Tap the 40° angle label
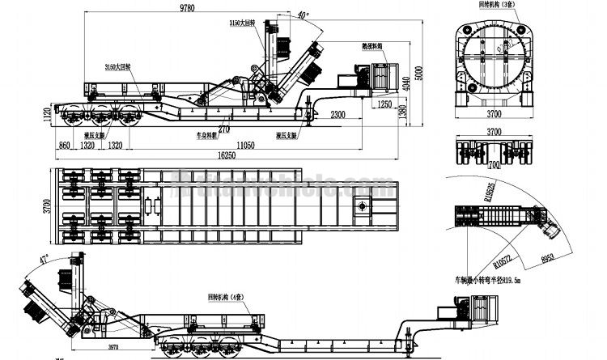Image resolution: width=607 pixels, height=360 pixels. [x=303, y=15]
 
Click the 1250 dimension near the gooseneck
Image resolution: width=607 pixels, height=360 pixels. [x=384, y=105]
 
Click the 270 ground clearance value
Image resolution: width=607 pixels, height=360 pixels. [x=223, y=129]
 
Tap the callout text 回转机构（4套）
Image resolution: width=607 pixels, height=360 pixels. [x=230, y=298]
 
